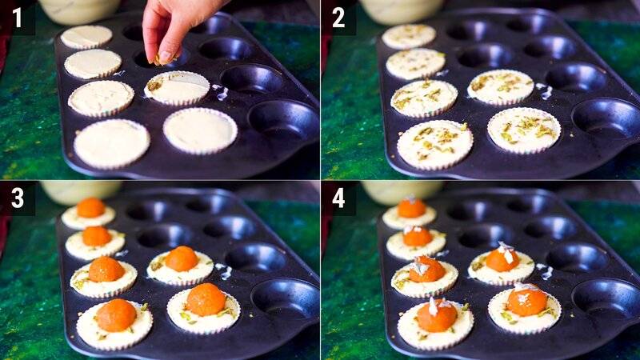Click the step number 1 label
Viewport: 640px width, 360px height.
tap(17, 17)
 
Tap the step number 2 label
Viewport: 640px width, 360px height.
tap(338, 17)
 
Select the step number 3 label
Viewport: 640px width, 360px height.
tap(17, 198)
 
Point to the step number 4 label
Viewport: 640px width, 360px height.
tap(338, 198)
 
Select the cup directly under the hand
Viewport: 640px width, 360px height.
tap(177, 88)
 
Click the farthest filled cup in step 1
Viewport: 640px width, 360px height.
tap(86, 36)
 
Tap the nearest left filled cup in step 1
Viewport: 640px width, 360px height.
tap(111, 142)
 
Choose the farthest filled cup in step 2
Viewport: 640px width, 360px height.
tap(409, 36)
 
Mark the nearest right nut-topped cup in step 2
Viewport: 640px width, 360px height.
tap(524, 130)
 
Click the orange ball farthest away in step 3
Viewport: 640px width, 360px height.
tap(90, 208)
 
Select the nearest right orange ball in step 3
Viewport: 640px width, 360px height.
tap(206, 299)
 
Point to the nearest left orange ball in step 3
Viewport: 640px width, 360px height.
tap(116, 315)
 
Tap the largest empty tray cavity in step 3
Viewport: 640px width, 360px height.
tap(285, 297)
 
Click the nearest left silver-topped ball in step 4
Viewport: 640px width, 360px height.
tap(437, 315)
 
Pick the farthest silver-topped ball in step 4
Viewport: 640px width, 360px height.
tap(411, 208)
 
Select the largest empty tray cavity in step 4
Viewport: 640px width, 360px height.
tap(606, 297)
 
